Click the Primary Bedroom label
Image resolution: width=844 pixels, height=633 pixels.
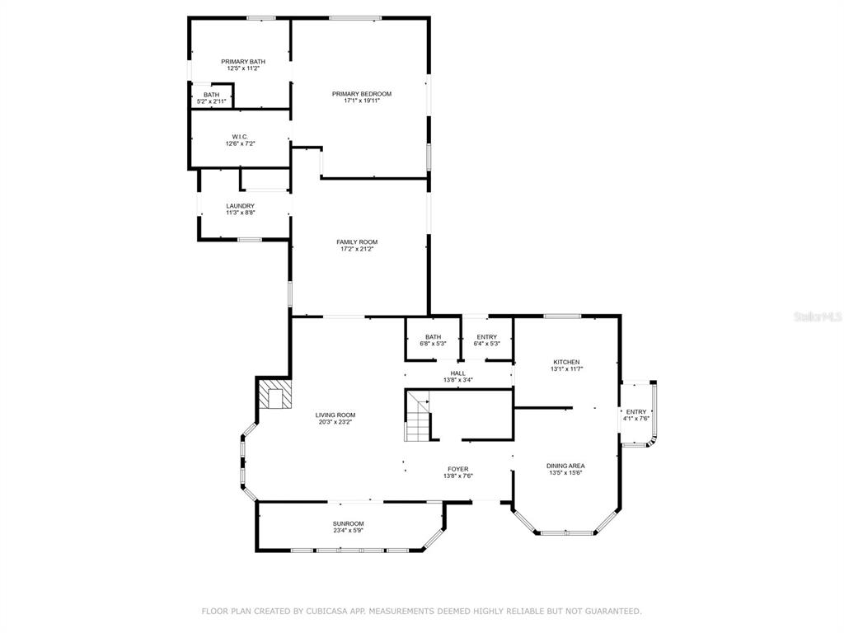[x=362, y=94]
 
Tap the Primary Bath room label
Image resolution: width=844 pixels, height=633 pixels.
[x=243, y=61]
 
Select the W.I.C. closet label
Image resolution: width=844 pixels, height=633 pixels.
[x=240, y=137]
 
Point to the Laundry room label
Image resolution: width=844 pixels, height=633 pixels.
[x=241, y=205]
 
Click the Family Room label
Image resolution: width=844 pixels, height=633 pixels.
[x=357, y=242]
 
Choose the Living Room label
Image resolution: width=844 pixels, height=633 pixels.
[x=335, y=415]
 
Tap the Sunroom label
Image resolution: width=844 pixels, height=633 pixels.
[x=349, y=523]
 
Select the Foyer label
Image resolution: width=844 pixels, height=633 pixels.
[x=458, y=469]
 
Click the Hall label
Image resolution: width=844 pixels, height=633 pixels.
[x=458, y=373]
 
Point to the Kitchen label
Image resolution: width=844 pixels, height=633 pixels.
[x=567, y=363]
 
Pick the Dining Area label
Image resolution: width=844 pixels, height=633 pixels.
[x=565, y=467]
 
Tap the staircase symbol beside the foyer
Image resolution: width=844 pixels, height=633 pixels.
[x=418, y=416]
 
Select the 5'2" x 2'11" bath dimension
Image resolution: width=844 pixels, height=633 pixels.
[x=212, y=101]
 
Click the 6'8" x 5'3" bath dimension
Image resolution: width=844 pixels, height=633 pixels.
[x=434, y=344]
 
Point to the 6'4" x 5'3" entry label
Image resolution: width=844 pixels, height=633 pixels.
[x=487, y=340]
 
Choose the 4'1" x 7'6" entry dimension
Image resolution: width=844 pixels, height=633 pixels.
[x=636, y=418]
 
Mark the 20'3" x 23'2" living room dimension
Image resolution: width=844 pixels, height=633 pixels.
[x=335, y=422]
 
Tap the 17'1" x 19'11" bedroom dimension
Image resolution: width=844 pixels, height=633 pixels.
[x=362, y=101]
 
